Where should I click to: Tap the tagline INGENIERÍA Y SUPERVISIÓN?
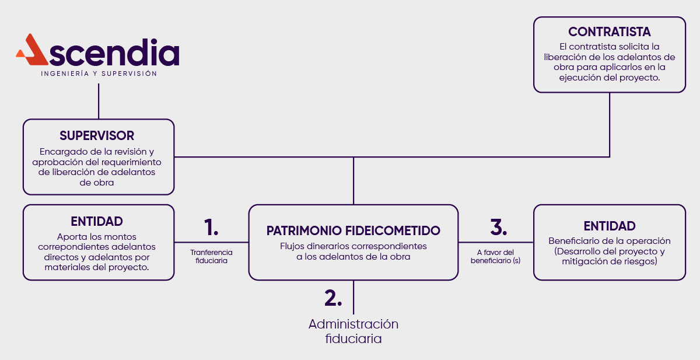[99, 74]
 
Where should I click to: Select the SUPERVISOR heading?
[97, 136]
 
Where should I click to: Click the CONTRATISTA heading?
[610, 32]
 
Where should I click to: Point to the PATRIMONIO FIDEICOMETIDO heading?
[353, 231]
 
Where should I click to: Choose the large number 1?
[211, 227]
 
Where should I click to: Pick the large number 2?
[332, 298]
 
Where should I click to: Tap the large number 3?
[498, 227]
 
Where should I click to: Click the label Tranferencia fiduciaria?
[211, 257]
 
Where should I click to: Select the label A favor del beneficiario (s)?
[495, 257]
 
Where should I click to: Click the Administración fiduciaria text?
[353, 331]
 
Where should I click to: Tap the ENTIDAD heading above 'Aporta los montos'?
[97, 222]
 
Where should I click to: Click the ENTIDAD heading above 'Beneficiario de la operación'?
[610, 226]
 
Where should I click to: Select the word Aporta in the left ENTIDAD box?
[70, 237]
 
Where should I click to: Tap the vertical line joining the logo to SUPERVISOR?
[99, 101]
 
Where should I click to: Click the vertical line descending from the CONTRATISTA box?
[610, 124]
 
